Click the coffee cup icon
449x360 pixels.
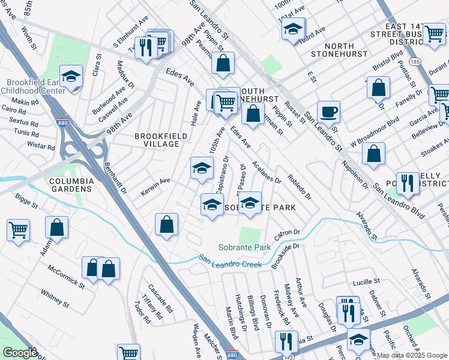point(328,112)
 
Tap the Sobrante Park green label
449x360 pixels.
point(244,247)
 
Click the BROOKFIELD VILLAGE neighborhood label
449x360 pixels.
point(148,140)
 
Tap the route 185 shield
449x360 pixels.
point(414,61)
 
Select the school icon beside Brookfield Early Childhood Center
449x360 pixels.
point(71,77)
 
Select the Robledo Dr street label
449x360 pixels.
point(300,187)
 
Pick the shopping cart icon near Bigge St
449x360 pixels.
point(18,229)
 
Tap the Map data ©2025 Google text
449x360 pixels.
point(412,355)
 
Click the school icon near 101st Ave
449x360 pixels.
point(293,29)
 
